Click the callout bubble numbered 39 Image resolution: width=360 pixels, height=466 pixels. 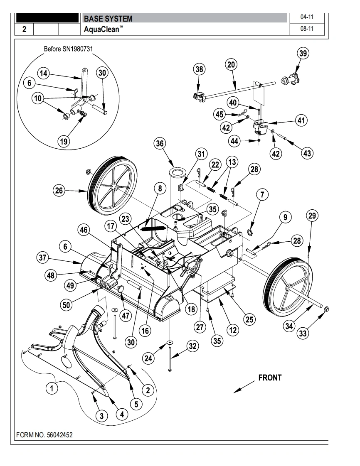(303, 54)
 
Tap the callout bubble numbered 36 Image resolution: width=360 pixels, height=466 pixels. (160, 144)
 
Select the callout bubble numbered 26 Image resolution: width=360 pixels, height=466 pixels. (59, 190)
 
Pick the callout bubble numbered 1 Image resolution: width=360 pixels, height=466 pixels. (52, 388)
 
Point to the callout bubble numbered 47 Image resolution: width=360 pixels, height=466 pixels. (126, 315)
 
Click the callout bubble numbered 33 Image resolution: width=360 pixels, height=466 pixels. (303, 334)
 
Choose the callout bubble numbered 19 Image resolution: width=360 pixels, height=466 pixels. (64, 141)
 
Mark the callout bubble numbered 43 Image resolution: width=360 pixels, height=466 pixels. (307, 153)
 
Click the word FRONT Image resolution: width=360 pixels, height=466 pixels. (270, 378)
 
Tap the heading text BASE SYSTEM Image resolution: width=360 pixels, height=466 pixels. (108, 19)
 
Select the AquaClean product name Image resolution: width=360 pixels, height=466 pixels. (103, 29)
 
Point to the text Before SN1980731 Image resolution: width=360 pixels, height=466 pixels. (68, 49)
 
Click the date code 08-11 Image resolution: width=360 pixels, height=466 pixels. (307, 29)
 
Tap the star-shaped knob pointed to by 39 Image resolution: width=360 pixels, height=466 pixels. (291, 79)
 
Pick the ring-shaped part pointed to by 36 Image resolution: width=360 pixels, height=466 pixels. (178, 172)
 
